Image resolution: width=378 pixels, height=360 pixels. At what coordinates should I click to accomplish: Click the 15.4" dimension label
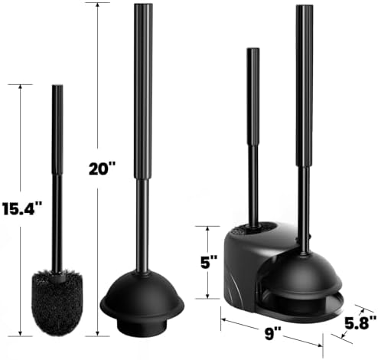tap(22, 208)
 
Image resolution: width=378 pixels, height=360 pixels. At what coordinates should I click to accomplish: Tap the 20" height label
tap(102, 169)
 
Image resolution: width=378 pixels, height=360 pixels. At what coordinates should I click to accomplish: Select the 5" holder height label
tap(209, 262)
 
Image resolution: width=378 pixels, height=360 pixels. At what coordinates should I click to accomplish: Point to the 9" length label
tap(272, 333)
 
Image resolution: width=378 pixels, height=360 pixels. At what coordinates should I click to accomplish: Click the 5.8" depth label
tap(360, 323)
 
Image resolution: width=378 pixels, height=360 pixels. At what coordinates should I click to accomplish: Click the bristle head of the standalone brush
tap(57, 302)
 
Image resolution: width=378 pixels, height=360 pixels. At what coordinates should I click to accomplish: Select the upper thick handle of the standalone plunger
tap(143, 91)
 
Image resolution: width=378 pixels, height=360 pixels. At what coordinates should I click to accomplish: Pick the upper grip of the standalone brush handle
tap(57, 129)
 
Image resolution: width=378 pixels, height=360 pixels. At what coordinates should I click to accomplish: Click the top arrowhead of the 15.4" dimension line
tap(20, 87)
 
